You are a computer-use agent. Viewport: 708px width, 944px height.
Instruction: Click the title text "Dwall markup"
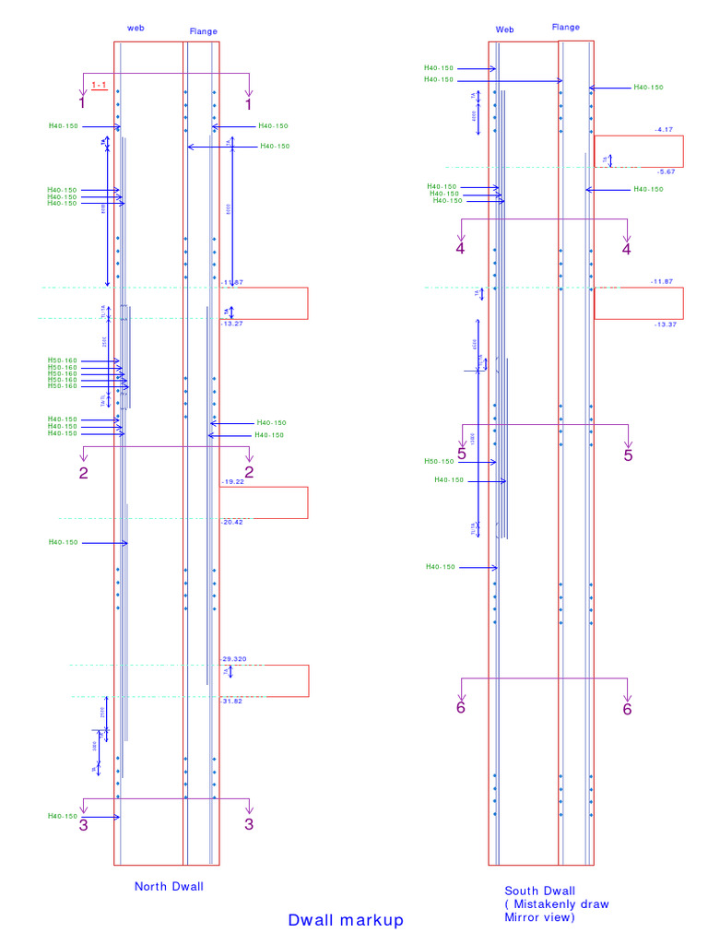346,920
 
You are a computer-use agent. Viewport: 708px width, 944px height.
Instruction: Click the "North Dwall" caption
169,887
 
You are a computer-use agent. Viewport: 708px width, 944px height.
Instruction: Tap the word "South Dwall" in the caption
539,891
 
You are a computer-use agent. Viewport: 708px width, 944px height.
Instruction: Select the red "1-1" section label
100,85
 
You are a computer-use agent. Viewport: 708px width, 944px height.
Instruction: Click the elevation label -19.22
232,482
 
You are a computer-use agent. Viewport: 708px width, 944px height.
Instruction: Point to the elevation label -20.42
232,522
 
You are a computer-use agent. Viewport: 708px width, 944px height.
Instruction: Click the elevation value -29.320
234,659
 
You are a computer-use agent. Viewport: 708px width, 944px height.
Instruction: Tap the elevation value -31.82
232,701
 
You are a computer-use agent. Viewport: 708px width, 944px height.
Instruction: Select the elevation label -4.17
664,130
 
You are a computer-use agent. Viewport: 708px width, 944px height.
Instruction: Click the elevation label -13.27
231,324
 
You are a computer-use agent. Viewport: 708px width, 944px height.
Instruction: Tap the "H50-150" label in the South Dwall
440,462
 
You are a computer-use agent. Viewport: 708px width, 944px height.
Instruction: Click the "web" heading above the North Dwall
136,29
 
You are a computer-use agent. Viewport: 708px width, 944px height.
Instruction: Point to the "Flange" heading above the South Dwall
566,28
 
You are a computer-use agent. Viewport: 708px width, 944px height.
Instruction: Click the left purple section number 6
461,708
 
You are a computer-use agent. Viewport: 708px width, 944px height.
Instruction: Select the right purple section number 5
628,454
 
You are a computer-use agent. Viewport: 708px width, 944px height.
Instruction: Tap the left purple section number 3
84,825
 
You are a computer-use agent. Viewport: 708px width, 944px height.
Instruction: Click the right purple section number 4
627,249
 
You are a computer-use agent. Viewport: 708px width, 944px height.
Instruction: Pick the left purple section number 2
84,473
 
